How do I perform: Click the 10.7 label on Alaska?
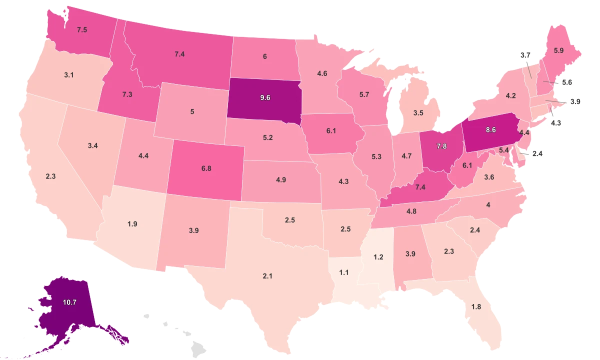[x=69, y=302]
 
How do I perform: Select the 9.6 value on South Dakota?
[x=265, y=97]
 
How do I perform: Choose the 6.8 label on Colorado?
[x=206, y=168]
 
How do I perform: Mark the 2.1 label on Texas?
[x=267, y=275]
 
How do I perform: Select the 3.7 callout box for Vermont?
[x=525, y=55]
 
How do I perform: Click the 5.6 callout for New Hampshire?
[x=566, y=83]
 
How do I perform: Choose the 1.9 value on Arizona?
[x=132, y=224]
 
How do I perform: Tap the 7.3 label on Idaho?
[x=126, y=94]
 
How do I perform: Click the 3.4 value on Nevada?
[x=92, y=146]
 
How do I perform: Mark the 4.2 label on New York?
[x=510, y=95]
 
